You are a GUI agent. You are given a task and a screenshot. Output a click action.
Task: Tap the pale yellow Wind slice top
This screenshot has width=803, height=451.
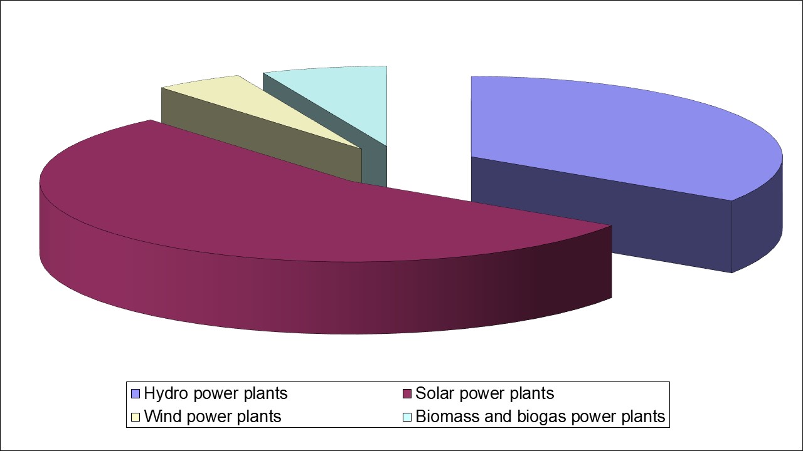tap(251, 106)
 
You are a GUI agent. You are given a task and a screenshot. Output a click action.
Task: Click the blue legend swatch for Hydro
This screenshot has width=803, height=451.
tap(136, 394)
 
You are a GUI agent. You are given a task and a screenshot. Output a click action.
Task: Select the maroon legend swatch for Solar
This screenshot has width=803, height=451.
tap(407, 394)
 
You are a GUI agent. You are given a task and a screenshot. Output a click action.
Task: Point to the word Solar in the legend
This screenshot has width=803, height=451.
tap(435, 394)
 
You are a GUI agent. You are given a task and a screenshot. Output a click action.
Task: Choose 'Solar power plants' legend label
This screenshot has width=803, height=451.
tap(485, 394)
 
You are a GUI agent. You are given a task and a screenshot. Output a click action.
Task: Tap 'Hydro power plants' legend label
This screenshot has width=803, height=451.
tap(216, 394)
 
